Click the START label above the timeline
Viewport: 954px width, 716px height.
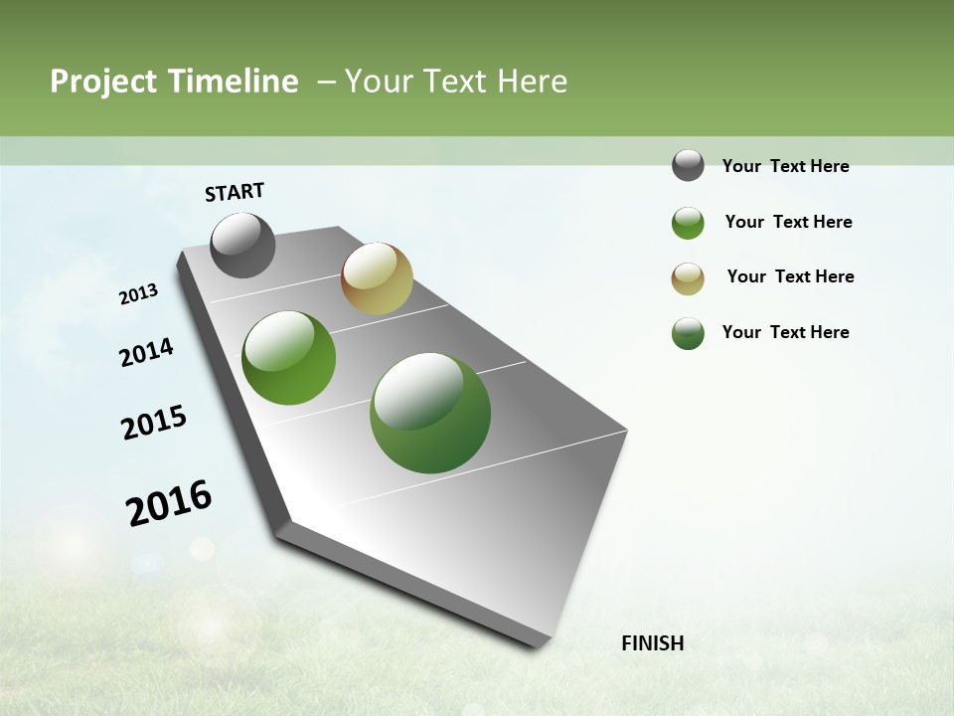(x=235, y=192)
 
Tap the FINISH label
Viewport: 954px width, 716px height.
(x=653, y=643)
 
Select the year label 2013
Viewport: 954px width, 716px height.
(x=138, y=294)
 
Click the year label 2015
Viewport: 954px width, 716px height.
(x=154, y=423)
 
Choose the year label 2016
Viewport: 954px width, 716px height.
(x=169, y=503)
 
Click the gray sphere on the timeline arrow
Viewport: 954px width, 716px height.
(x=242, y=245)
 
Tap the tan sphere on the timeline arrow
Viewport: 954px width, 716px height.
(x=377, y=278)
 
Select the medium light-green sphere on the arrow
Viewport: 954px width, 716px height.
(x=288, y=358)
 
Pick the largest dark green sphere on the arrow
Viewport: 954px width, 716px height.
(x=429, y=413)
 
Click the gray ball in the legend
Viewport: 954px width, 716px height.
(x=688, y=165)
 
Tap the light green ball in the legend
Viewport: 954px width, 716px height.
(x=688, y=223)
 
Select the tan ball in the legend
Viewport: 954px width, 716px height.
(x=688, y=278)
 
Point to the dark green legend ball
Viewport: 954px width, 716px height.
(x=688, y=333)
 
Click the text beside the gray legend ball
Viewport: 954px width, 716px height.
(x=785, y=166)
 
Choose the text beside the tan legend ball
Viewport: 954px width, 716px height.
(x=790, y=276)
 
